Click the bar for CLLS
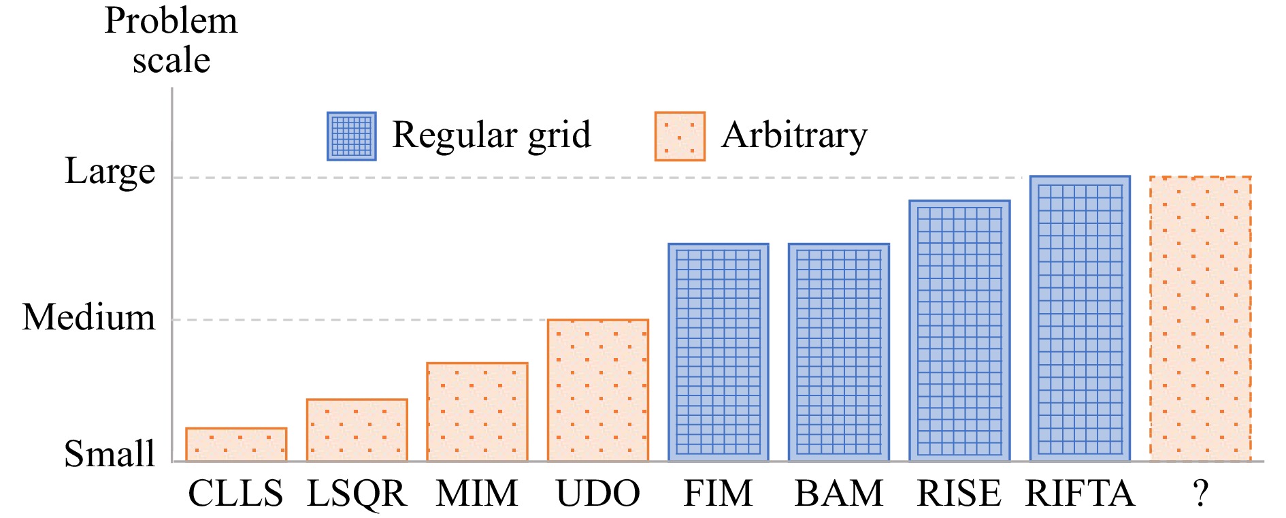point(236,444)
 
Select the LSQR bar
point(357,430)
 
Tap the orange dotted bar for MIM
point(477,412)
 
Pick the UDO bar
point(598,390)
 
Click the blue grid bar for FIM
point(719,352)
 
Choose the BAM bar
point(839,352)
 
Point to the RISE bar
point(959,331)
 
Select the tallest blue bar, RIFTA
point(1080,319)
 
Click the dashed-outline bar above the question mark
point(1200,319)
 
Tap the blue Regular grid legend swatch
point(351,136)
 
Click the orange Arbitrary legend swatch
point(680,136)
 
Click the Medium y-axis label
point(88,317)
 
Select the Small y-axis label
point(110,453)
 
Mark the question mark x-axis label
point(1201,493)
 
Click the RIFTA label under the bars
point(1080,493)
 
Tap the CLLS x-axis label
point(235,493)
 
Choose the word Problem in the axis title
point(171,20)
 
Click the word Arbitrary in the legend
point(795,135)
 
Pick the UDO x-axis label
point(598,493)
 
